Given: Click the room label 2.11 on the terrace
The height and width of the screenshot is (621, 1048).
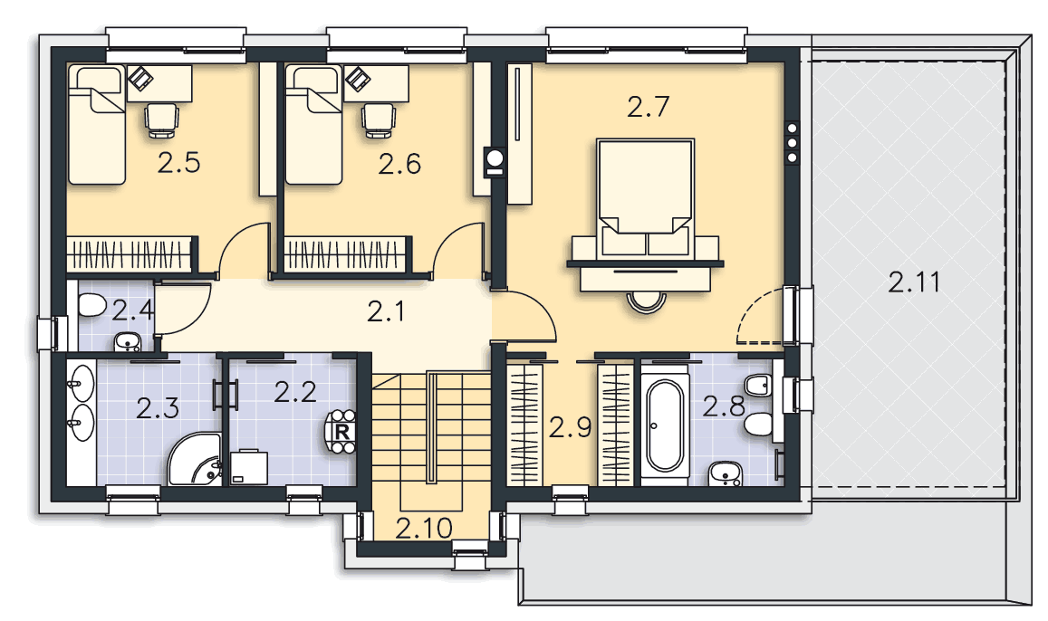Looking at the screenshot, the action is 914,282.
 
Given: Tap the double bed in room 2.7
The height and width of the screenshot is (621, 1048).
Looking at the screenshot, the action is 646,196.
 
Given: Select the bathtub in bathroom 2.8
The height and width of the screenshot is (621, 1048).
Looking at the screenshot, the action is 664,426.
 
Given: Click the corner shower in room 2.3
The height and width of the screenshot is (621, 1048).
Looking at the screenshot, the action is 195,458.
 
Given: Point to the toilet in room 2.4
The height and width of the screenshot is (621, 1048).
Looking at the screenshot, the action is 91,307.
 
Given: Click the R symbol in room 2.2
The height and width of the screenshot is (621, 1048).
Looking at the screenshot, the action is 341,432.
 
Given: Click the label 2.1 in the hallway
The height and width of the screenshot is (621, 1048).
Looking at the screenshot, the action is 386,311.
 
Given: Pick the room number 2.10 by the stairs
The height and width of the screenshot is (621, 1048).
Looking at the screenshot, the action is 424,528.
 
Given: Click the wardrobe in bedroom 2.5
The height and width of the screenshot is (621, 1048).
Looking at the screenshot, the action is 131,254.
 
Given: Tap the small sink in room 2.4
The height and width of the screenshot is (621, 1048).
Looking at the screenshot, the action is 127,342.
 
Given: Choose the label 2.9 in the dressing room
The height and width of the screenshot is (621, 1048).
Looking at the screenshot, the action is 570,427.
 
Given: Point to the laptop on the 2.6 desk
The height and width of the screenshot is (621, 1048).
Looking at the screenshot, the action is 358,78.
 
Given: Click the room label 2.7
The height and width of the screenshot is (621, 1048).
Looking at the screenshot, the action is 648,107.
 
